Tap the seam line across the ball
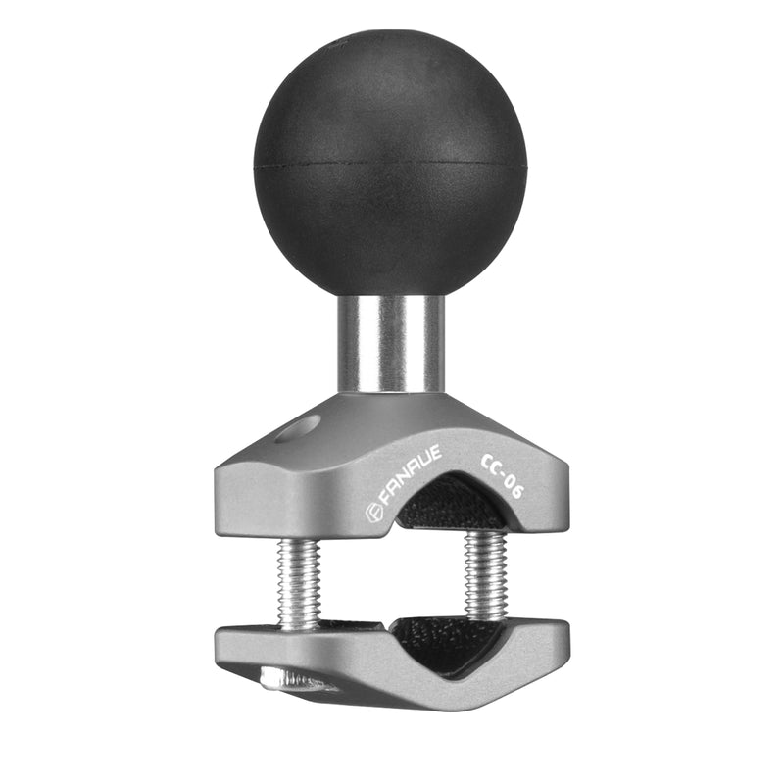click(390, 163)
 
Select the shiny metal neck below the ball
click(390, 343)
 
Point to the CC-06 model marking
click(501, 475)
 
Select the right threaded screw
click(484, 575)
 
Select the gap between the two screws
click(392, 578)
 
